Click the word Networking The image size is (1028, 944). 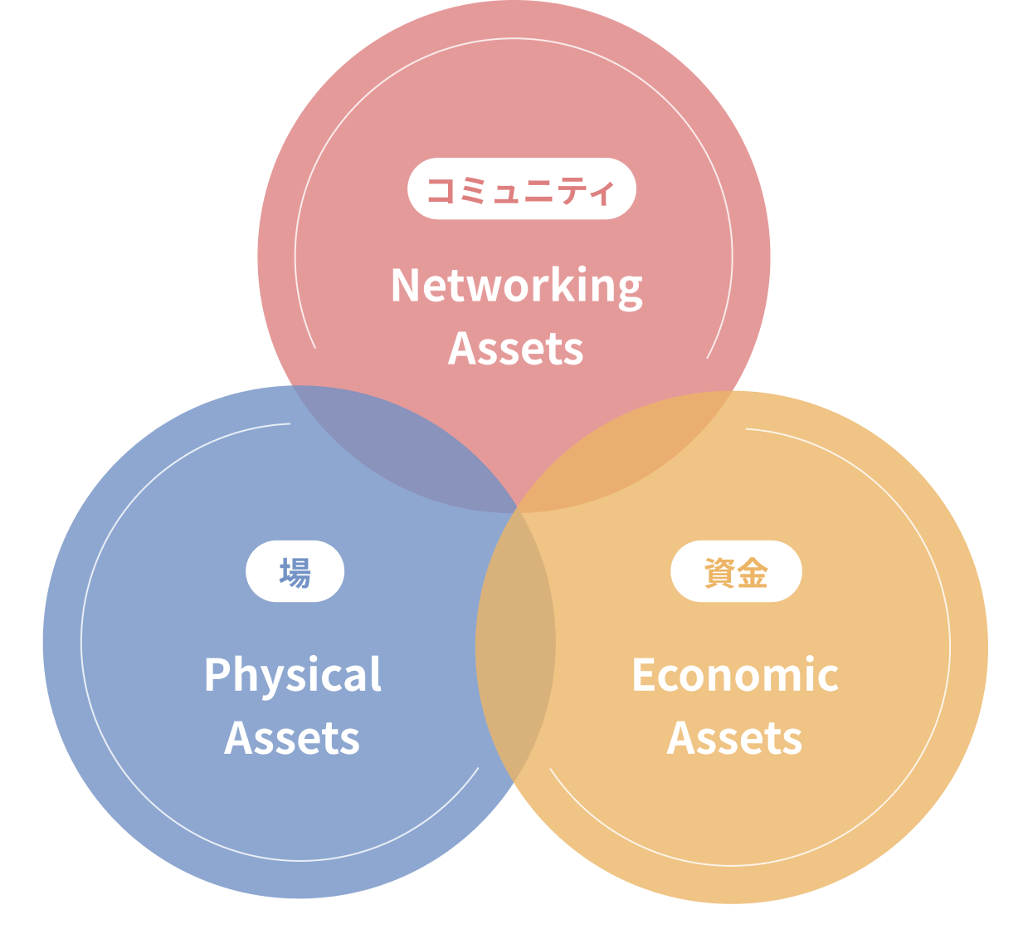tap(516, 286)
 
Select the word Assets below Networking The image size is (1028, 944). tap(515, 349)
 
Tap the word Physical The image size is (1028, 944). tap(293, 676)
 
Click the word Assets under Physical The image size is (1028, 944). tap(292, 738)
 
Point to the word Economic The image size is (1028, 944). tap(734, 675)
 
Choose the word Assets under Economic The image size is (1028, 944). tap(734, 738)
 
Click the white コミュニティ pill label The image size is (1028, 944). tap(521, 189)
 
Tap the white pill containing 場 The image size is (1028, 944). tap(295, 571)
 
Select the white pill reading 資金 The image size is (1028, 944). tap(736, 571)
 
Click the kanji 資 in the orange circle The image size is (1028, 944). tap(719, 572)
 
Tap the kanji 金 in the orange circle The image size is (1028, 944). tap(753, 572)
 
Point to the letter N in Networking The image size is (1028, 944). tap(406, 286)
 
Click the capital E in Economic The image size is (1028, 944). tap(643, 675)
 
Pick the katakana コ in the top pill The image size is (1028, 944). tap(439, 190)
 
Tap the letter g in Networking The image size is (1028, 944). tap(630, 291)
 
